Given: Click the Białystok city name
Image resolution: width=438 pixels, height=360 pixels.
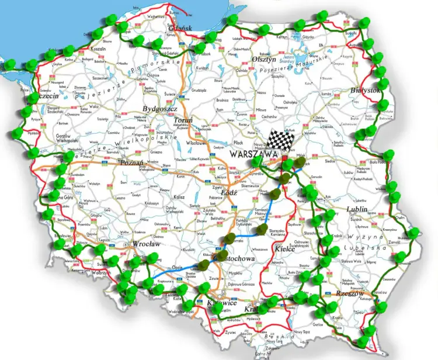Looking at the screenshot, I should click(366, 91).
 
